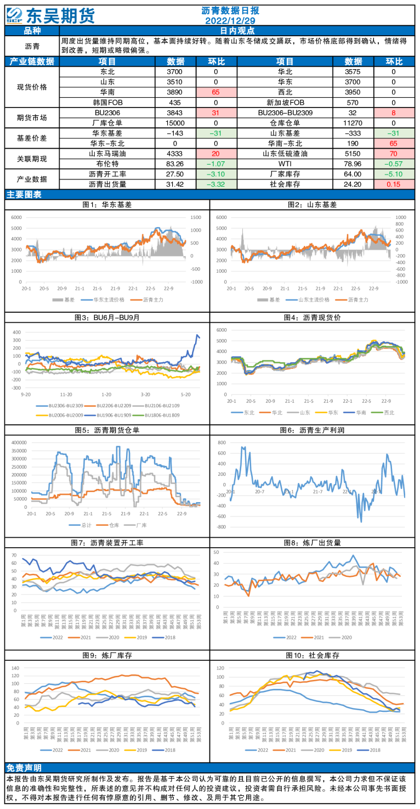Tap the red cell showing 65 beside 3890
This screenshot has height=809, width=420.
pos(215,92)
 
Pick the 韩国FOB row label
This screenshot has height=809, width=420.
pos(107,103)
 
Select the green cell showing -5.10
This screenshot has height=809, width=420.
pos(393,174)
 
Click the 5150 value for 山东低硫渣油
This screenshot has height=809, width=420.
pos(353,154)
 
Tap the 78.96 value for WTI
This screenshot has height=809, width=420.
pos(353,164)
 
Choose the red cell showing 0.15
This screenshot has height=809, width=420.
pos(393,184)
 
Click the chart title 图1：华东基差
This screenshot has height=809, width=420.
pos(107,205)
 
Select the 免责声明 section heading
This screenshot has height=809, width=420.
pos(24,767)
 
